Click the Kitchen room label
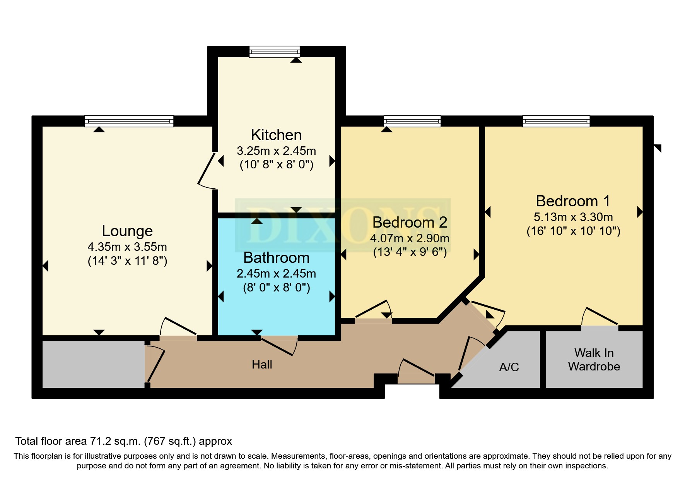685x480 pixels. (x=276, y=135)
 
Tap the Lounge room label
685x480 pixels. (x=127, y=231)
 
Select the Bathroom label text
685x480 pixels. (x=276, y=258)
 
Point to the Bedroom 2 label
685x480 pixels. (x=410, y=223)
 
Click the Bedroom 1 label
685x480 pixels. (x=573, y=201)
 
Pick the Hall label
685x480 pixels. (x=262, y=365)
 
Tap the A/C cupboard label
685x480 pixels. (x=509, y=367)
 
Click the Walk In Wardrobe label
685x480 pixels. (x=594, y=360)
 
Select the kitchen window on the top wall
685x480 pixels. (x=274, y=51)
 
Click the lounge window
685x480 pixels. (x=129, y=121)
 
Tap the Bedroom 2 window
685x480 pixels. (x=412, y=121)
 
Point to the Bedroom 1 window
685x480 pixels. (x=556, y=121)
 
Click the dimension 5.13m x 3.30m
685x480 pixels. (x=573, y=217)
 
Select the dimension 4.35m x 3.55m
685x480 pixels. (x=127, y=247)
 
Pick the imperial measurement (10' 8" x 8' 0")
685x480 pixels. (x=276, y=165)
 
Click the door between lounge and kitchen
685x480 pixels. (x=207, y=170)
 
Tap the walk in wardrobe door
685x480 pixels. (x=600, y=317)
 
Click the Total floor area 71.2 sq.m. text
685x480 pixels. (x=123, y=441)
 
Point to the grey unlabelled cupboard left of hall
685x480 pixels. (x=93, y=364)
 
